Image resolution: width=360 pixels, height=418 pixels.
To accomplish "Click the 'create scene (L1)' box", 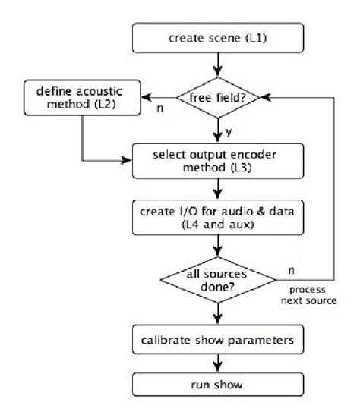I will pyautogui.click(x=218, y=35).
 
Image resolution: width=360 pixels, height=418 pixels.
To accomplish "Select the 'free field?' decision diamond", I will pyautogui.click(x=218, y=98).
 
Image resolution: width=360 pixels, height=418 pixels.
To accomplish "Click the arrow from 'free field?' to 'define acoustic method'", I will pyautogui.click(x=159, y=98).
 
